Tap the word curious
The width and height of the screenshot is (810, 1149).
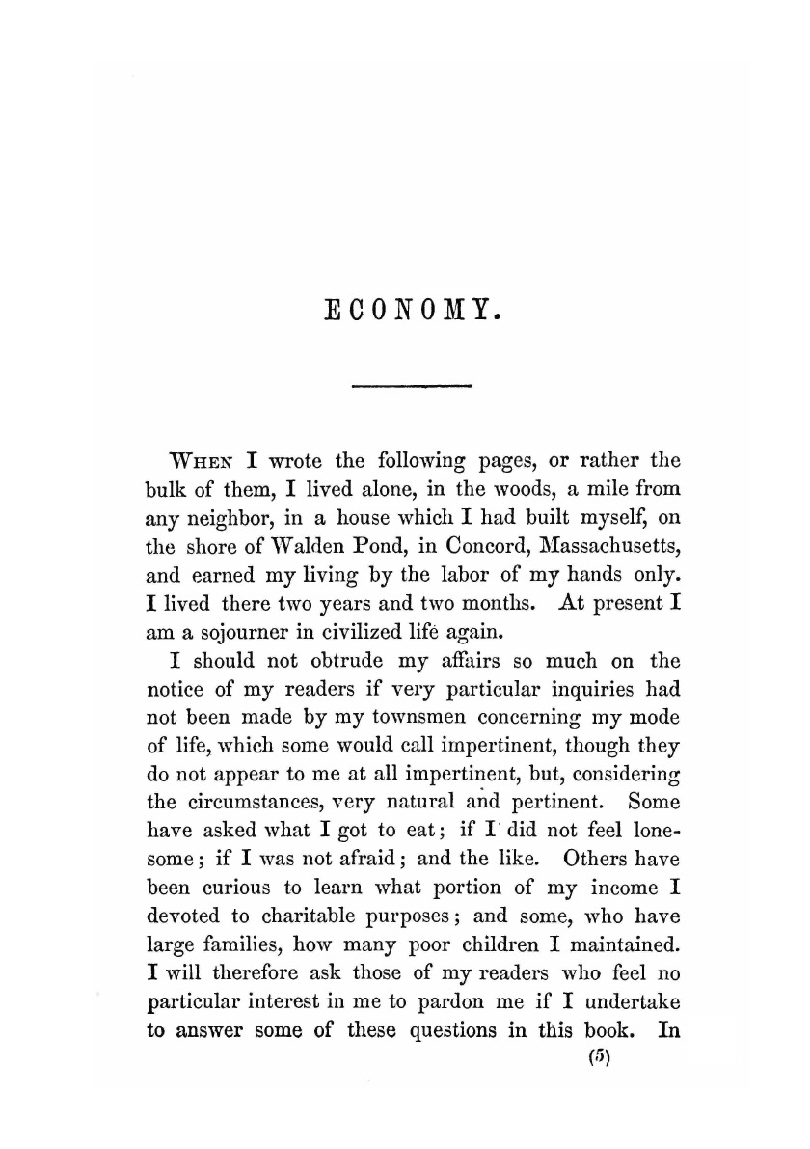(235, 886)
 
